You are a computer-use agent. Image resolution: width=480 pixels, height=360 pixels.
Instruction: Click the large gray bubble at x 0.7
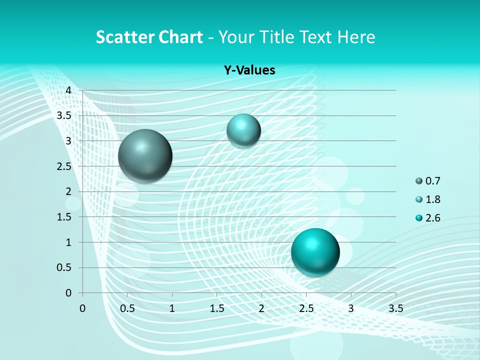145,156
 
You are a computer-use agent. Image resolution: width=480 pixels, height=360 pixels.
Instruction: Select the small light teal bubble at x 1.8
243,130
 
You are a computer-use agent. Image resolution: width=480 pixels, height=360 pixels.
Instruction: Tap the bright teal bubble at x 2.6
315,251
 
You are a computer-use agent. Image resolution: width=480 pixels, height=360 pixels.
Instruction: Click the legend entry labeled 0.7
428,181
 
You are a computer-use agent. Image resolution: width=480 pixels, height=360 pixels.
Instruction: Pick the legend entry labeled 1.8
428,199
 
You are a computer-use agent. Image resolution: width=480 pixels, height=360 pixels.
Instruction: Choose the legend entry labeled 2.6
428,218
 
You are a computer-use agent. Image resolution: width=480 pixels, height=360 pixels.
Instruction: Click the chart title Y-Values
249,70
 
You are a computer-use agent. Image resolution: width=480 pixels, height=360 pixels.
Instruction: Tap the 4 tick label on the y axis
69,90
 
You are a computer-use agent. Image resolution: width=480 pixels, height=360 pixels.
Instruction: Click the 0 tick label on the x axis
82,308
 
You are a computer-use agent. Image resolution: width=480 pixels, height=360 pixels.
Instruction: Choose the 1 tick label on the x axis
172,308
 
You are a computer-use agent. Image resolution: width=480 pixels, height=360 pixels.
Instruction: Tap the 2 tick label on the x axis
261,308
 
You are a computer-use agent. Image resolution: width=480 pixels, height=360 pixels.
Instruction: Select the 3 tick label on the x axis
351,308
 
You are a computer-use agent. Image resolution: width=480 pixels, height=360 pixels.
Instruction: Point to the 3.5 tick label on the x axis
395,308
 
